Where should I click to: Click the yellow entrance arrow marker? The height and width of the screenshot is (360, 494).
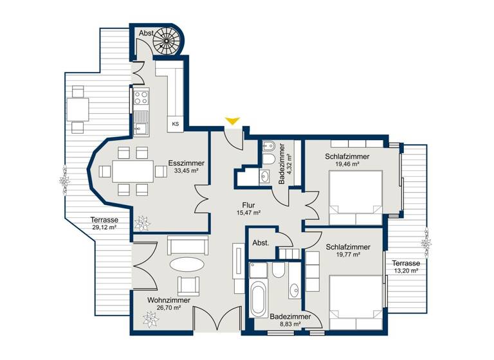(x=232, y=121)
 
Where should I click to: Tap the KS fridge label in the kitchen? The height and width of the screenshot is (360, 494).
(x=174, y=123)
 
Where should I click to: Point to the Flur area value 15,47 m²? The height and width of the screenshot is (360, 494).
(x=248, y=213)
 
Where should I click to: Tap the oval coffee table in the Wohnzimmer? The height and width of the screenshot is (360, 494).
(x=188, y=265)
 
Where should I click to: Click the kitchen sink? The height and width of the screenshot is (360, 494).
(x=140, y=122)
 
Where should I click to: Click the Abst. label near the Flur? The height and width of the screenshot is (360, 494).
(x=261, y=244)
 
